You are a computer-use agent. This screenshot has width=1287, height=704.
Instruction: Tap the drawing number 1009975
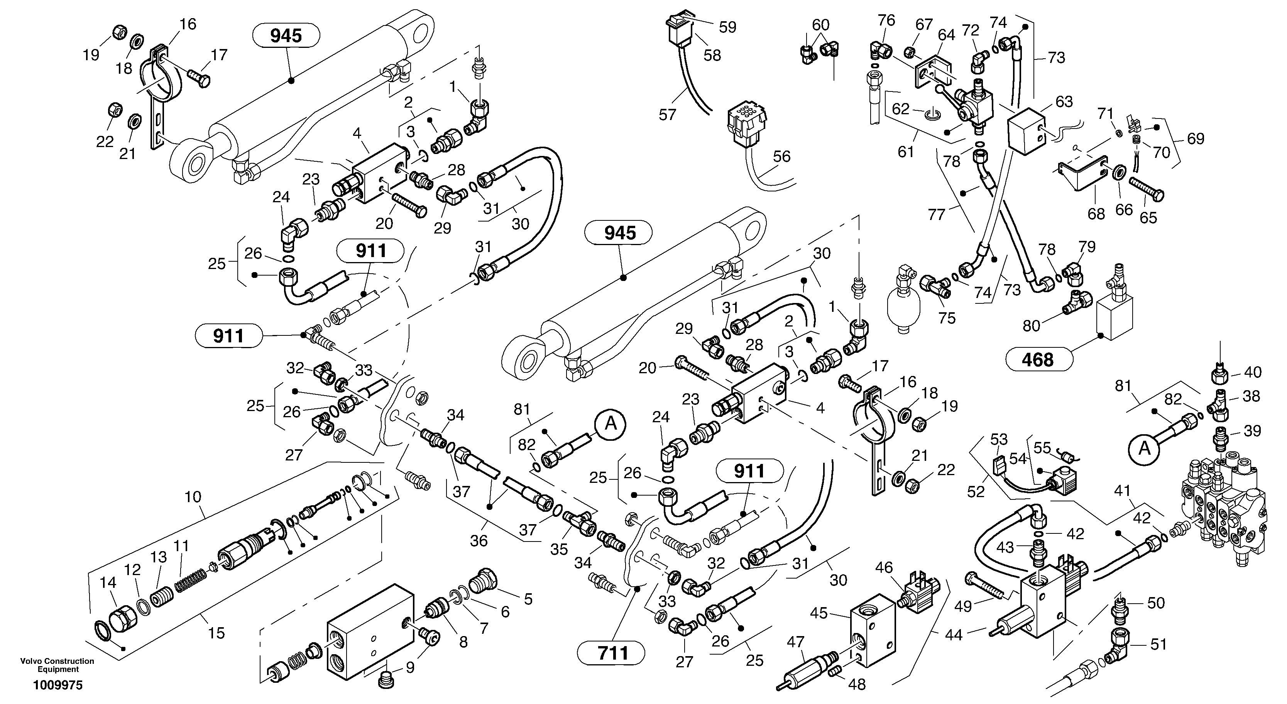(x=58, y=685)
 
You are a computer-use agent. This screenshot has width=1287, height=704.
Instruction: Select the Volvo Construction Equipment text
(x=58, y=665)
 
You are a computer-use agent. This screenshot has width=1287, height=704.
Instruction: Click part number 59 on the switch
(x=727, y=27)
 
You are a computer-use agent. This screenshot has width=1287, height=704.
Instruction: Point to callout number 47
(x=795, y=641)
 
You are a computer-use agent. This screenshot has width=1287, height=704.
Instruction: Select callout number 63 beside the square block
(x=1064, y=102)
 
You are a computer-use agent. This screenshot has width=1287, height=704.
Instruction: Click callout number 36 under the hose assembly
(x=479, y=541)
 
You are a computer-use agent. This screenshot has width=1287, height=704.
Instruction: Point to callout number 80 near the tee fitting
(x=1031, y=326)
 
